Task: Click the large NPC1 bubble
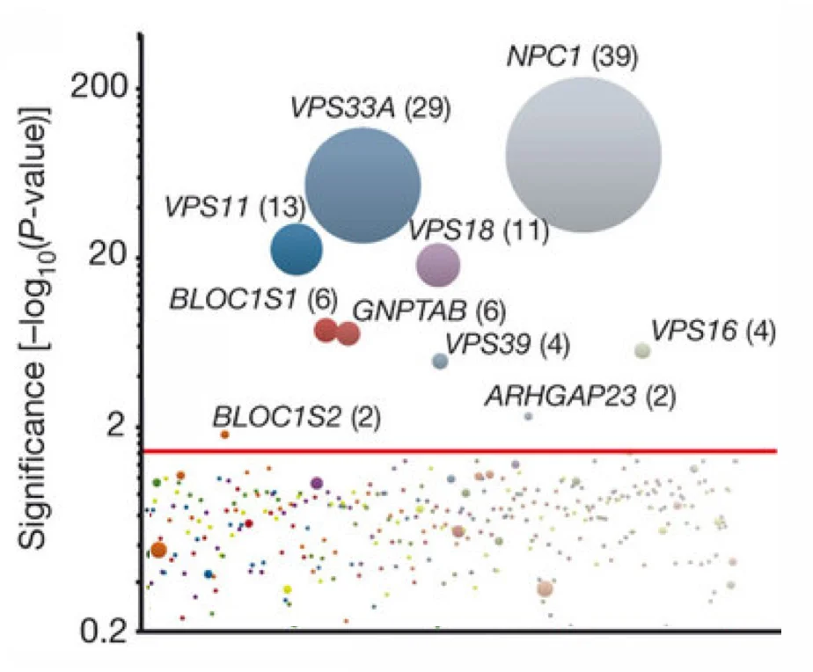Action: point(583,156)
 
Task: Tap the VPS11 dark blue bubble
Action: point(297,249)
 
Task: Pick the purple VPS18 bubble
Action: point(437,264)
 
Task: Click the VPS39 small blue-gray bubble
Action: point(440,361)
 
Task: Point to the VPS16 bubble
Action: point(643,350)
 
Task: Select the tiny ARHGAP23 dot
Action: point(528,416)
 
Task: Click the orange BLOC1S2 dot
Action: point(224,435)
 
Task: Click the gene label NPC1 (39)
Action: point(571,58)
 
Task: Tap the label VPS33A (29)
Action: point(370,108)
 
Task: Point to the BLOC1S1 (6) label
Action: point(253,299)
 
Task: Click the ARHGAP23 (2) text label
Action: point(580,397)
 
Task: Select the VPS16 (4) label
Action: point(713,332)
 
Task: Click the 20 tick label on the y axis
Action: point(111,257)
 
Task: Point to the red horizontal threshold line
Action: point(458,451)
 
